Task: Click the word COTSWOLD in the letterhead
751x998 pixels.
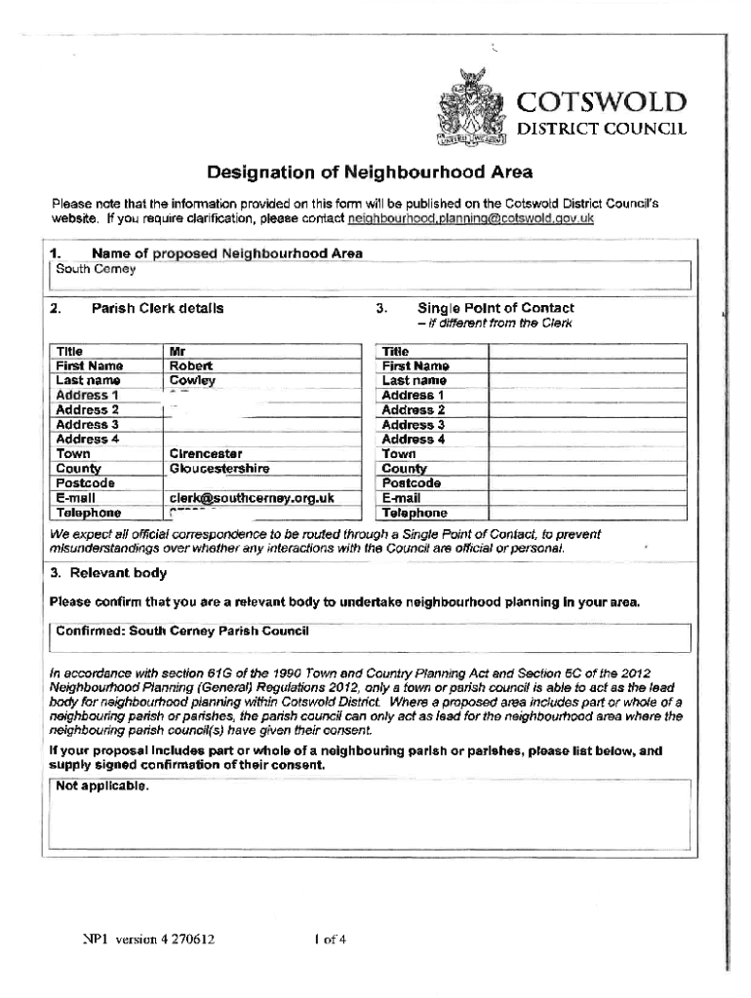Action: (602, 102)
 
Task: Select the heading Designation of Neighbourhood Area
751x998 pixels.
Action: (370, 173)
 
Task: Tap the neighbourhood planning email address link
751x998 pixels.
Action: (470, 219)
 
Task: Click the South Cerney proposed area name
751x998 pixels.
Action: (83, 269)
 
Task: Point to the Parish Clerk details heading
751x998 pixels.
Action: (157, 309)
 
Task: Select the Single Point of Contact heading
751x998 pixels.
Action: (495, 309)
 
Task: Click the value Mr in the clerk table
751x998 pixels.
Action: (178, 351)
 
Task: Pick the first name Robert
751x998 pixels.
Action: (190, 365)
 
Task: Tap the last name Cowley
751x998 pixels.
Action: (192, 380)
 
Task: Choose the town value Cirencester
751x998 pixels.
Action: (206, 453)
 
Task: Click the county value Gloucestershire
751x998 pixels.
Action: (219, 468)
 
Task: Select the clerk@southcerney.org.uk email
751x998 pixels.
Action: (252, 497)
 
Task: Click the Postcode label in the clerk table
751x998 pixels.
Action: (85, 482)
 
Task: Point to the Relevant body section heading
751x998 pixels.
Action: (107, 573)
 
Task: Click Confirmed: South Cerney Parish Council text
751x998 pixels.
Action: (182, 632)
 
